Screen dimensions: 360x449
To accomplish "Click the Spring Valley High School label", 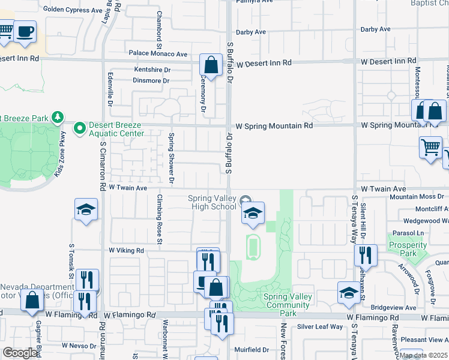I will [x=212, y=203].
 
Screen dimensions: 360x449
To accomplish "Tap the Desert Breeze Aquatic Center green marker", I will [x=79, y=128].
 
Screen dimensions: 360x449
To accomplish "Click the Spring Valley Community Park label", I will [x=287, y=301].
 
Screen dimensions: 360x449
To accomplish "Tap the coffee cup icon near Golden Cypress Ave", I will [x=25, y=31].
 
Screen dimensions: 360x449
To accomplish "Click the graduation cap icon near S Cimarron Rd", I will [x=86, y=209].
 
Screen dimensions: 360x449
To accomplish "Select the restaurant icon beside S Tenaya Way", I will [x=365, y=255].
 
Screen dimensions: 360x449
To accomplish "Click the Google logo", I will [x=20, y=353].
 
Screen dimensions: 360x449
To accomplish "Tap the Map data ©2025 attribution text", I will [x=424, y=355].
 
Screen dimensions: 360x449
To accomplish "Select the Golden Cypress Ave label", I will [x=73, y=10].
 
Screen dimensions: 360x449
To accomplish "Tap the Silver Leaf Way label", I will [x=321, y=327].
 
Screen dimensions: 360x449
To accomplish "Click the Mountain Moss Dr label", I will [x=415, y=197].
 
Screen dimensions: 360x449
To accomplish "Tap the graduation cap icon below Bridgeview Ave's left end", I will [x=348, y=292].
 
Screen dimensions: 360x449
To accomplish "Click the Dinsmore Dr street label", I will [x=151, y=80].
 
